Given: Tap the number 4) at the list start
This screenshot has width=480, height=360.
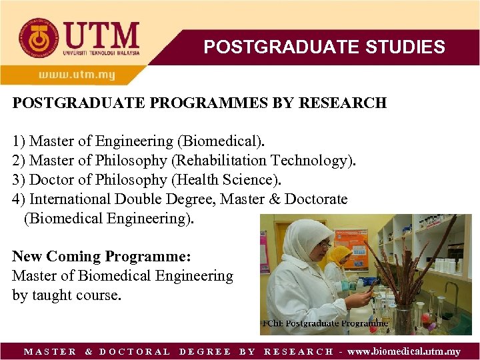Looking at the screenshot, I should coord(19,199).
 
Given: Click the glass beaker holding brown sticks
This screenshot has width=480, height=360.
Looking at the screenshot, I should coord(404,317).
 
